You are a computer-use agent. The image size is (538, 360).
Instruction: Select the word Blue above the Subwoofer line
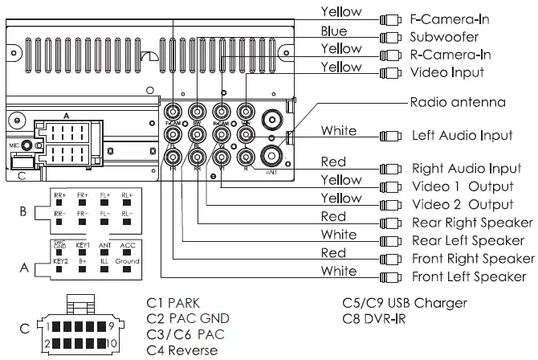point(334,31)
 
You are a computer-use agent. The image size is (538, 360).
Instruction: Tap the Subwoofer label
point(444,36)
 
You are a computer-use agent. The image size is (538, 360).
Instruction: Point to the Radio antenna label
point(458,102)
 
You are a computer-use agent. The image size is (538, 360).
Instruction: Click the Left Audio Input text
point(462,135)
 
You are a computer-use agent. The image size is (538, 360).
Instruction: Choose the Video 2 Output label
point(462,204)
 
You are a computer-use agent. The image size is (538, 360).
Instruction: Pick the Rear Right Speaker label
point(471,223)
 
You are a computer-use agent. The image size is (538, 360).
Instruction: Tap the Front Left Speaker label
point(469,276)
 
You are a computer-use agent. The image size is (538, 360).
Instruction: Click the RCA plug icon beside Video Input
point(391,72)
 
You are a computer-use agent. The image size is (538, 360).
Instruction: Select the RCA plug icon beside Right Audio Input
point(391,169)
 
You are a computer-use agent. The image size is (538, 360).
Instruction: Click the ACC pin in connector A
point(128,245)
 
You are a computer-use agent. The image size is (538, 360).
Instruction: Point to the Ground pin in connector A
point(128,262)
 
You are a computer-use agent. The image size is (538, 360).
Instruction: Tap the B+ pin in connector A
point(83,262)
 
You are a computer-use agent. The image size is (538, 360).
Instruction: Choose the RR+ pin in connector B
point(60,195)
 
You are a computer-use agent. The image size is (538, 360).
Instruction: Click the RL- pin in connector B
point(127,214)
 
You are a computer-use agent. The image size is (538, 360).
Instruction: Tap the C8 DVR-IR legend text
point(375,319)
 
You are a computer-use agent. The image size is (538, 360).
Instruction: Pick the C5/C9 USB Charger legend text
point(404,303)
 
